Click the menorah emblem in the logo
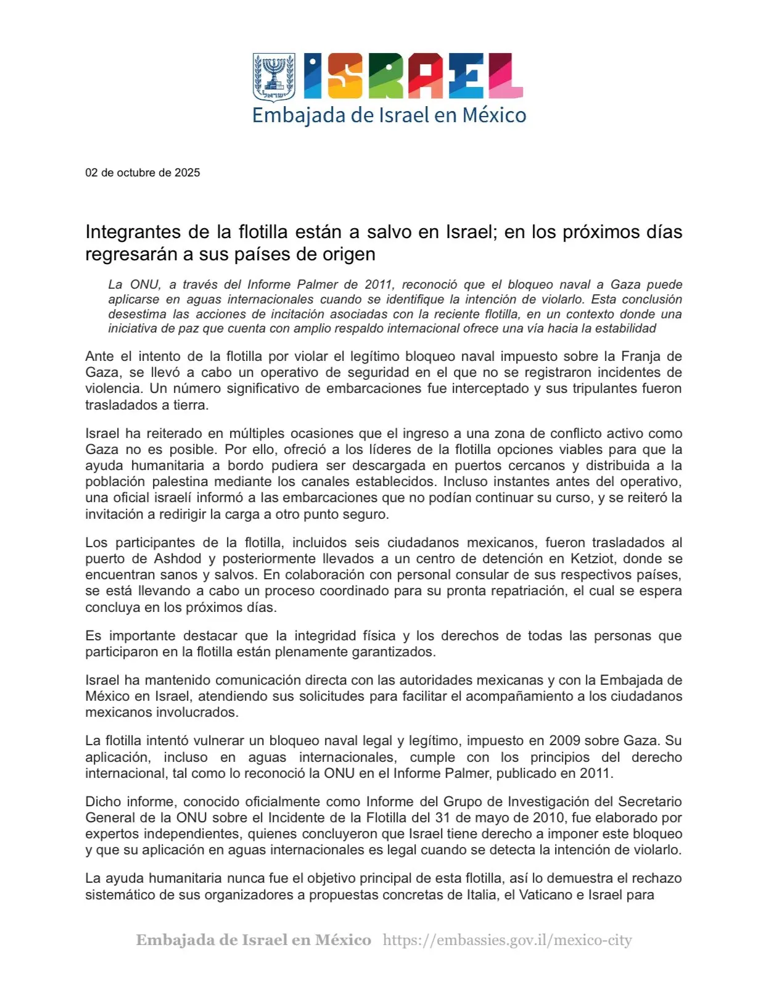pos(274,76)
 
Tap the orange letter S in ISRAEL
pos(344,76)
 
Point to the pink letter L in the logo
pos(506,76)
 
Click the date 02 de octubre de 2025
pos(142,173)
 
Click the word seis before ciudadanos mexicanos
pos(367,543)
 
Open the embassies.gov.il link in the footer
pos(508,940)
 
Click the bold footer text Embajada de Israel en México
pos(253,940)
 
